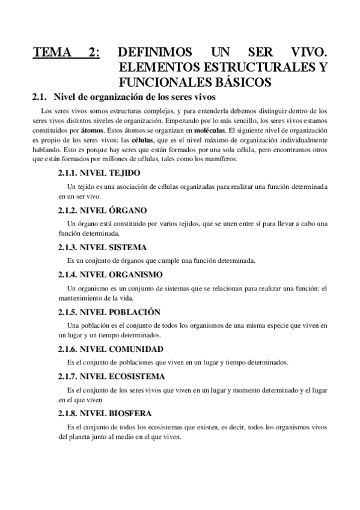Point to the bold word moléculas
pyautogui.click(x=206, y=130)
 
